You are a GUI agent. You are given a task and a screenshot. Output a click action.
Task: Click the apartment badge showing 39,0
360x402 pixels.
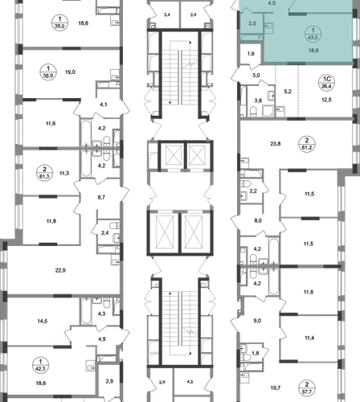pos(59,23)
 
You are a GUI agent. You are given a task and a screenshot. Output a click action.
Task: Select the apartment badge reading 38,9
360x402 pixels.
pos(48,72)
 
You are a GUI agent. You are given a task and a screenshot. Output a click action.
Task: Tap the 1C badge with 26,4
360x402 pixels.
pos(327,83)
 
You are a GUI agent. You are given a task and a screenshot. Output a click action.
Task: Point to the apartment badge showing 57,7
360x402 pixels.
pos(307,388)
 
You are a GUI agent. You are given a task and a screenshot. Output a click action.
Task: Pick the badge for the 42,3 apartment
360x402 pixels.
pos(40,365)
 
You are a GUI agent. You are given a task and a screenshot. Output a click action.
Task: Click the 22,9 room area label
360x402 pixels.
pos(60,270)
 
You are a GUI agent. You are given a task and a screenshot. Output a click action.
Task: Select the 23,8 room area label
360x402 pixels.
pos(276,144)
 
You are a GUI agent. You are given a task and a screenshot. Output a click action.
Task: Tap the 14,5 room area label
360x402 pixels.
pos(43,321)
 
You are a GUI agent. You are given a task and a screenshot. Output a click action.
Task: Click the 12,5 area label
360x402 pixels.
pos(326,100)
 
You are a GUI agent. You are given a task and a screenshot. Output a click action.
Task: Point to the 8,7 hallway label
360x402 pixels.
pos(101,197)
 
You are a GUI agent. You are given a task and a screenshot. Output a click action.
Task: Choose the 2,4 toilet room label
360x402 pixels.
pos(104,233)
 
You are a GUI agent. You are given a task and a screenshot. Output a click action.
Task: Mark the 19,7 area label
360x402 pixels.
pos(276,388)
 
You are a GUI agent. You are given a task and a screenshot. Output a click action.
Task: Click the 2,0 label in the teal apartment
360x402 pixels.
pos(252,23)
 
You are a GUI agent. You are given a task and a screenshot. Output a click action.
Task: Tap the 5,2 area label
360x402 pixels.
pos(288,92)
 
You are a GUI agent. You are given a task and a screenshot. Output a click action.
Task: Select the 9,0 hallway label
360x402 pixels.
pos(257,321)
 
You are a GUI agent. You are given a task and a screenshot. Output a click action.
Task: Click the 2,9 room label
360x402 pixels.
pos(109,381)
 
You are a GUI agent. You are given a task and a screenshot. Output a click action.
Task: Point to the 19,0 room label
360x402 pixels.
pos(70,72)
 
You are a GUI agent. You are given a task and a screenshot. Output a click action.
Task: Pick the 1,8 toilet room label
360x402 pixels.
pos(256,353)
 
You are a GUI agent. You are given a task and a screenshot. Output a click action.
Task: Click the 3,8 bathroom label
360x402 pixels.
pos(258,100)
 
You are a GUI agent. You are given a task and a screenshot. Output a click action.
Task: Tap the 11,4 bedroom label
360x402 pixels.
pos(309,338)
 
